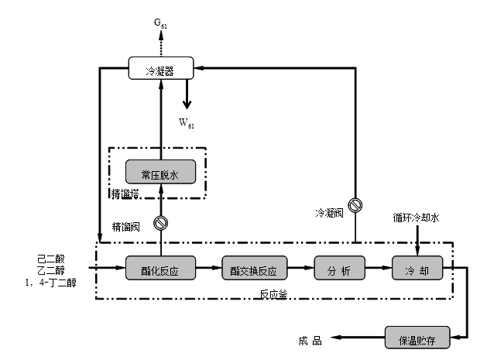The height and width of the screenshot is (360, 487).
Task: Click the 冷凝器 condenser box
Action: click(161, 70)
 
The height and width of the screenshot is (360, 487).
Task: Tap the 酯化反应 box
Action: click(161, 271)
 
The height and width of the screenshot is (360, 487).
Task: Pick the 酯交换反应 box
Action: click(259, 271)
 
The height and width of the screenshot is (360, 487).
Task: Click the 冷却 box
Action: click(417, 271)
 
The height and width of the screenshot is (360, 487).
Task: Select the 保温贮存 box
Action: click(417, 338)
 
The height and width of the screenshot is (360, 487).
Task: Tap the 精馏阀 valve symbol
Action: click(161, 225)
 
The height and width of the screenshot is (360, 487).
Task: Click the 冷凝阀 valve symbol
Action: click(355, 205)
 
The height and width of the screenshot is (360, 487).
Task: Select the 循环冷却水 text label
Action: click(417, 219)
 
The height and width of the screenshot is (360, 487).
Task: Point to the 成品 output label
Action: click(310, 339)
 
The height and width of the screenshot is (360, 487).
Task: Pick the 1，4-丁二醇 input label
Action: click(51, 283)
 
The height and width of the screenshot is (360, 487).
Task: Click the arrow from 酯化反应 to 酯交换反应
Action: click(208, 270)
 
